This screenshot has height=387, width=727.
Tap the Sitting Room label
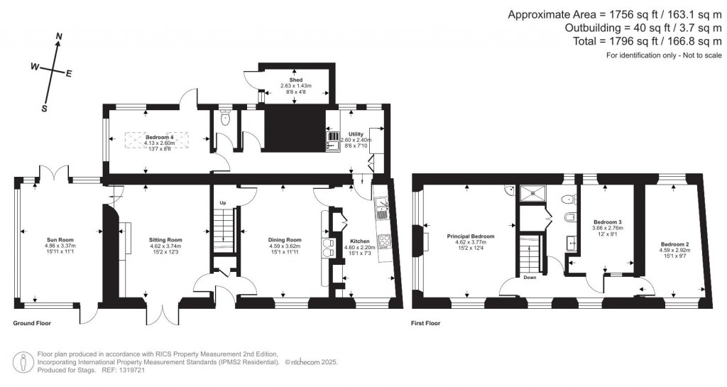click(x=165, y=240)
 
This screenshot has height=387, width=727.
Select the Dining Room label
click(x=285, y=240)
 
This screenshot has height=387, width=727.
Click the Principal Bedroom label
click(x=470, y=236)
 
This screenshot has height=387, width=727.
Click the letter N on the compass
click(x=59, y=37)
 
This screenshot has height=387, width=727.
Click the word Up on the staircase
click(x=222, y=203)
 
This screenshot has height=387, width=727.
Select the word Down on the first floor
click(x=530, y=278)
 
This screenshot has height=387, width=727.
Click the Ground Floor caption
click(x=32, y=323)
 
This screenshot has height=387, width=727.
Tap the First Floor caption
click(x=426, y=323)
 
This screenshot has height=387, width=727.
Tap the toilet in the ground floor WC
click(x=225, y=119)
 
